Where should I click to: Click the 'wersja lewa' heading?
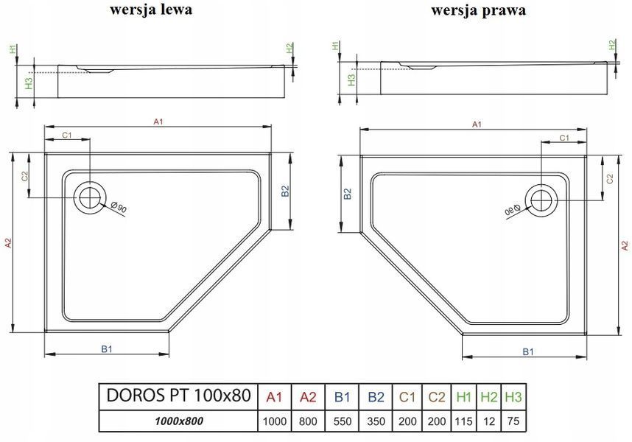pos(151,9)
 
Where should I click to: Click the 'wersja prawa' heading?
pos(479,10)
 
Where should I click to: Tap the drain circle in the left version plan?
pos(89,197)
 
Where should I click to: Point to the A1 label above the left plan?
pos(158,121)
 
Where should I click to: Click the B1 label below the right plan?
pos(528,351)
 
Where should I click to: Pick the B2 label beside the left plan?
pos(285,191)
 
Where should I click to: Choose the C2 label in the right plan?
pos(610,178)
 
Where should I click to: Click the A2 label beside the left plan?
pos(8,242)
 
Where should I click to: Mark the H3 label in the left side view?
pos(29,83)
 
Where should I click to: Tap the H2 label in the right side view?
pos(613,45)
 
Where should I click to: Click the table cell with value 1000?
pos(275,421)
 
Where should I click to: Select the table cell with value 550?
pos(343,421)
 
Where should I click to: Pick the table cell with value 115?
pos(463,421)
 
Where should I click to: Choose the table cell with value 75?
pos(513,421)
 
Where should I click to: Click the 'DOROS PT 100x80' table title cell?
pos(178,396)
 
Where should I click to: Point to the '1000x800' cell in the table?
pos(178,421)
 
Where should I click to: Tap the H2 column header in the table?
pos(488,397)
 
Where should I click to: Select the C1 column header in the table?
pos(407,397)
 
